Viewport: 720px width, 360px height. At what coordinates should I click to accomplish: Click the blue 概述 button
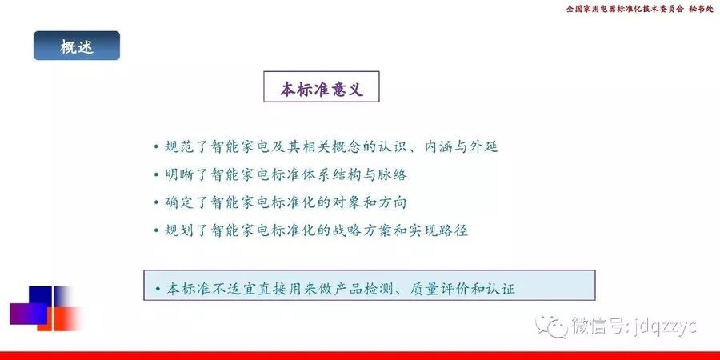77,46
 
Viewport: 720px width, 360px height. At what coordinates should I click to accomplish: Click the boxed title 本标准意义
322,86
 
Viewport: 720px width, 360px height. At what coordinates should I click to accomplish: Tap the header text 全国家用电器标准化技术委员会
625,9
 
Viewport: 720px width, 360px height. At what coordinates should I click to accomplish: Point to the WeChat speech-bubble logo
551,326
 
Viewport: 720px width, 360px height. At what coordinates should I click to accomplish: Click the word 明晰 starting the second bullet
176,174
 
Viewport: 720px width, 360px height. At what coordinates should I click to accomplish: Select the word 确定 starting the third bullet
176,202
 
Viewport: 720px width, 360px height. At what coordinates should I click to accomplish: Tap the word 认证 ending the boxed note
504,289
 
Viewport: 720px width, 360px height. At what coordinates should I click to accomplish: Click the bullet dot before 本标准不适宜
158,289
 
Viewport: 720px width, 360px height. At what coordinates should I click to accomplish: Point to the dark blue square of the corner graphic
41,297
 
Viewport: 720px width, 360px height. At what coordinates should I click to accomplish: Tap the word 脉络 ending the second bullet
395,174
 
